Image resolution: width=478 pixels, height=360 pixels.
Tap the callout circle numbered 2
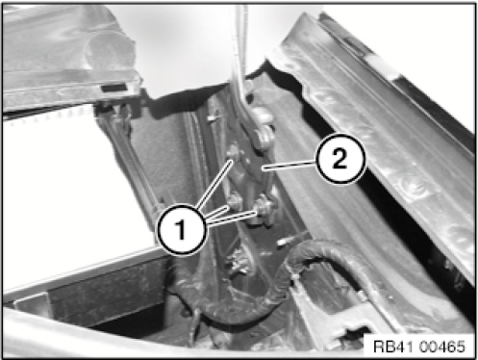(x=340, y=159)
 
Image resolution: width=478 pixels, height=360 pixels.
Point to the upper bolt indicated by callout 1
(x=234, y=153)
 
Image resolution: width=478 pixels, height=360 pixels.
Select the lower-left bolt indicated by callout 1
(x=235, y=202)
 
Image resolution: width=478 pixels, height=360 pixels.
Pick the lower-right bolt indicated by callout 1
(x=264, y=208)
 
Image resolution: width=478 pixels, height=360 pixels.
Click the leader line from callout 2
(x=289, y=166)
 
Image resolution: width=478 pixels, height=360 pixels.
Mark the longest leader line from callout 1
(x=214, y=184)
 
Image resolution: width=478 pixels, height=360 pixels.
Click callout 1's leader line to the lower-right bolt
(x=232, y=218)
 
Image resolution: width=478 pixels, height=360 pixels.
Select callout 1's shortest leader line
(x=217, y=213)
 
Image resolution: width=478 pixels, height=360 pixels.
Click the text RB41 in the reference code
(x=393, y=347)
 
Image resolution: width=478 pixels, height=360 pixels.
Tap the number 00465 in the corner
(x=441, y=347)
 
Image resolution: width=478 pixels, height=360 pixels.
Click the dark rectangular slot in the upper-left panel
(x=113, y=88)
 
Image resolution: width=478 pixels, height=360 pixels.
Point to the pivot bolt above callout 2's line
(x=264, y=138)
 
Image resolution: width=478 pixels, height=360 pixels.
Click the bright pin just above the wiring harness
(x=290, y=240)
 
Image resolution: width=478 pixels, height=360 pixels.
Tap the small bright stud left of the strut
(x=211, y=119)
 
